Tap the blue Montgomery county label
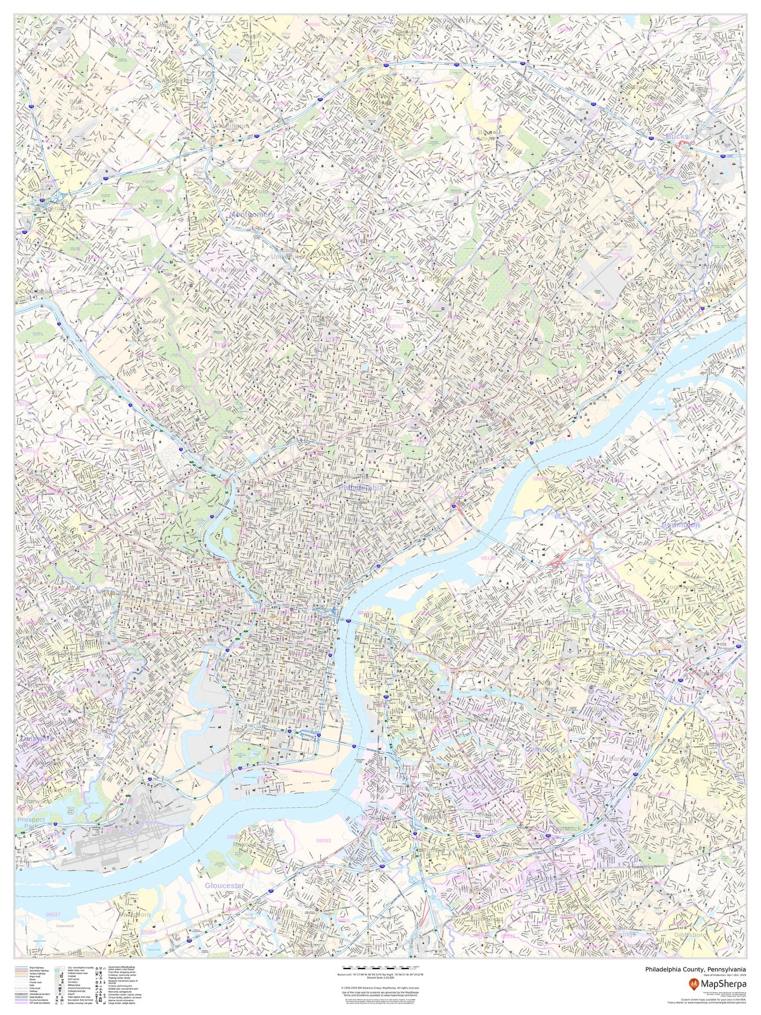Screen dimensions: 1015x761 click(252, 215)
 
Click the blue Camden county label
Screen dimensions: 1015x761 click(540, 749)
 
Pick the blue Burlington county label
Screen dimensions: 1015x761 click(681, 525)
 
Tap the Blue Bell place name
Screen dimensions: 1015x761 click(76, 105)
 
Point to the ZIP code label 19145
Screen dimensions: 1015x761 click(220, 712)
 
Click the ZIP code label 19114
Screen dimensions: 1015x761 click(603, 304)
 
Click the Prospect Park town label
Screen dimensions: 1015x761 click(31, 822)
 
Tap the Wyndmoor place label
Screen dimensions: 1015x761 click(227, 270)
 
